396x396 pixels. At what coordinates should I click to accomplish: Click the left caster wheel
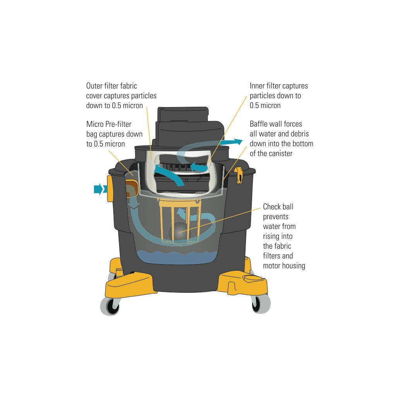click(x=110, y=306)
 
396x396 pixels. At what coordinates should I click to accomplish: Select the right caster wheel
click(x=261, y=304)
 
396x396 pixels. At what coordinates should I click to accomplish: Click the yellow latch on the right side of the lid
click(x=239, y=175)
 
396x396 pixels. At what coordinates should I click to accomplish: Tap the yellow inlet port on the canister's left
click(x=110, y=189)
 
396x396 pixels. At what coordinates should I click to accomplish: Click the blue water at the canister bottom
click(x=176, y=258)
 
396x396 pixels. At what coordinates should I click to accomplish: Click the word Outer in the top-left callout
click(x=94, y=86)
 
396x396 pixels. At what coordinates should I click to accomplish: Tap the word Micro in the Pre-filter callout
click(x=95, y=124)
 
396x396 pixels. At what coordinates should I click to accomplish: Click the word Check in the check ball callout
click(x=272, y=207)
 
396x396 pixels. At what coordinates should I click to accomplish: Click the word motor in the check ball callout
click(x=271, y=266)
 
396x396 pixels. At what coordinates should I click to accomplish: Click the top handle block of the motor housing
click(x=183, y=114)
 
